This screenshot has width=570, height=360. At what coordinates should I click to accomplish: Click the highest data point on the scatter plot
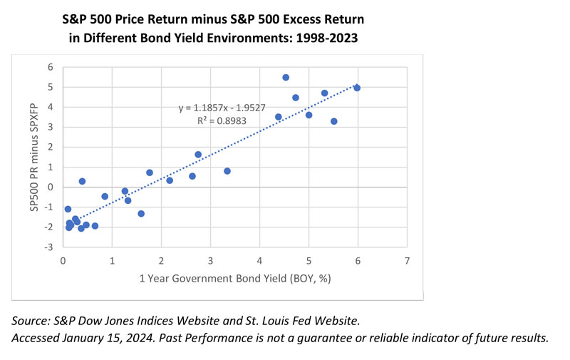coord(286,78)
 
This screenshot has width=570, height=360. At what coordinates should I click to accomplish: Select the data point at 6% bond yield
coord(357,88)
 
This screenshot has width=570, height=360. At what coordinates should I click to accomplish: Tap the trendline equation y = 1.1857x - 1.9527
coord(222,108)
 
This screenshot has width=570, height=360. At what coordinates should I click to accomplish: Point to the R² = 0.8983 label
coord(222,120)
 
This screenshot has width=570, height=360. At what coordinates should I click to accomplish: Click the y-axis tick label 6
coord(51,67)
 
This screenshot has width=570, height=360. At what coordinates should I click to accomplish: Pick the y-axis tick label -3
coord(48,247)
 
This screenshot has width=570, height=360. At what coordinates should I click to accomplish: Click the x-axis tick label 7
coord(407,261)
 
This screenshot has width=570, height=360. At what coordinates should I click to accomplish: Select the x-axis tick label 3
coord(210,261)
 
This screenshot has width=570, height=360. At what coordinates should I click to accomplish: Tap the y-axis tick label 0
coord(51,187)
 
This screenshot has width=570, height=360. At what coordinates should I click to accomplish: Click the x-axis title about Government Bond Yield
coord(235,279)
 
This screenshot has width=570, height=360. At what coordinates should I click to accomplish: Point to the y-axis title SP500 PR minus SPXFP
coord(34,157)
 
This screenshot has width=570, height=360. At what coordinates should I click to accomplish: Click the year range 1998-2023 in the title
coord(327,38)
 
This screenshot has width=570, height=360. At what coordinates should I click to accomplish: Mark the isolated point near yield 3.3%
coord(227,171)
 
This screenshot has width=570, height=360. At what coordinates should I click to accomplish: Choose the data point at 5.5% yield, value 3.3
coord(334,121)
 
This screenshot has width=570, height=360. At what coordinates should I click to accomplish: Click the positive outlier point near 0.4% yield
coord(82,181)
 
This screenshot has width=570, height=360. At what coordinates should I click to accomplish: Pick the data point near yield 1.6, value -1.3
coord(141,213)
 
